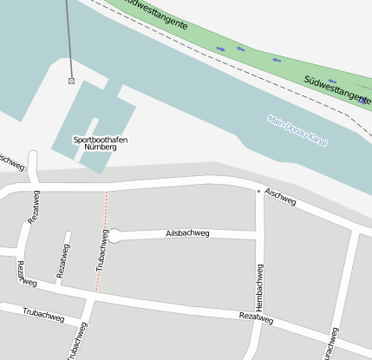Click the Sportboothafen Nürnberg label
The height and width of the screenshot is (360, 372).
(x=95, y=143)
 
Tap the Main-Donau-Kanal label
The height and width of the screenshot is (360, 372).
(x=297, y=130)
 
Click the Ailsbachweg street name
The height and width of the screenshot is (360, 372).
(x=187, y=233)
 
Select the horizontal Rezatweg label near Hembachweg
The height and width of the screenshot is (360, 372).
(x=255, y=320)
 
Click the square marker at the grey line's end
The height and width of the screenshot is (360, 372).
(x=71, y=81)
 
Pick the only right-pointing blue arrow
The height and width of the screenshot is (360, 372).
(x=220, y=49)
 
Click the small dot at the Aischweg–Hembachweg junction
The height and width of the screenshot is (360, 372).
(x=258, y=190)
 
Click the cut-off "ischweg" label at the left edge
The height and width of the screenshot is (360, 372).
(x=10, y=161)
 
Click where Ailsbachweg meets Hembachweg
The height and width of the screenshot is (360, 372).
(x=259, y=235)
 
